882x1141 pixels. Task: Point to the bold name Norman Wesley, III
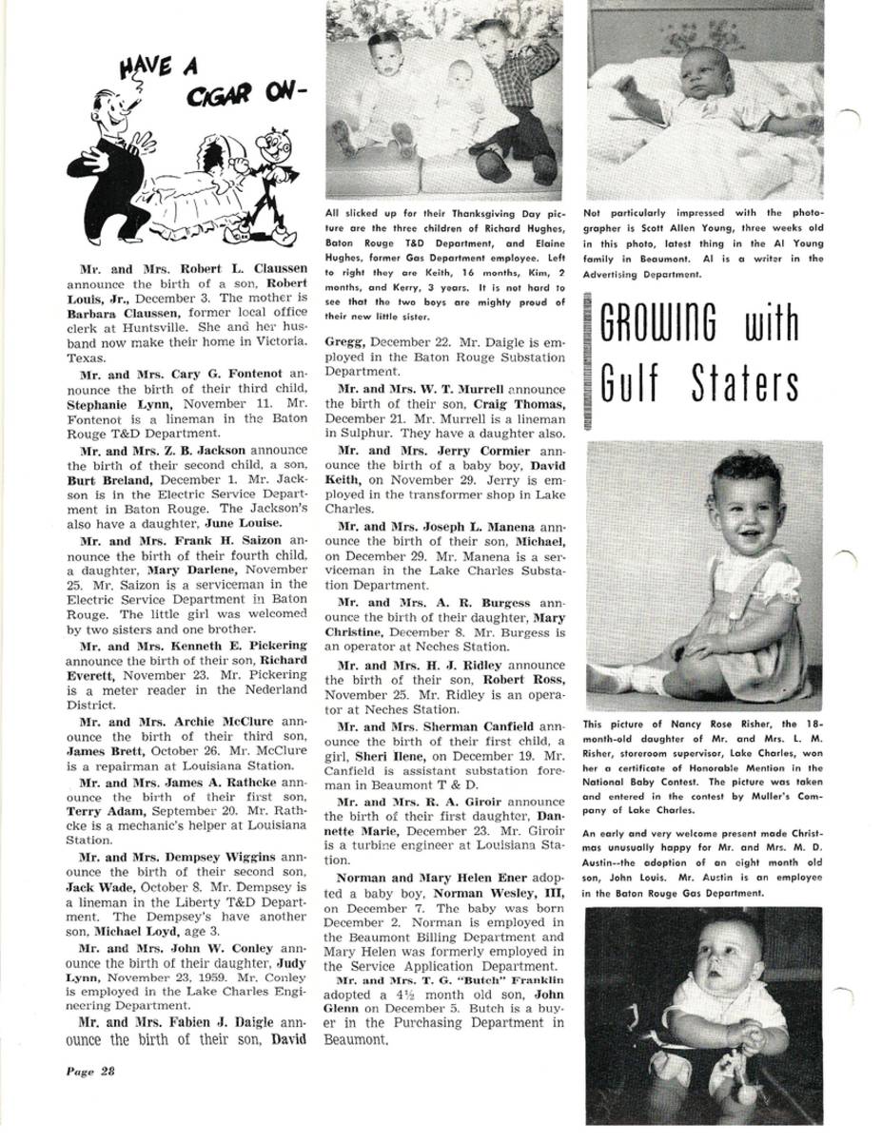point(497,894)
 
